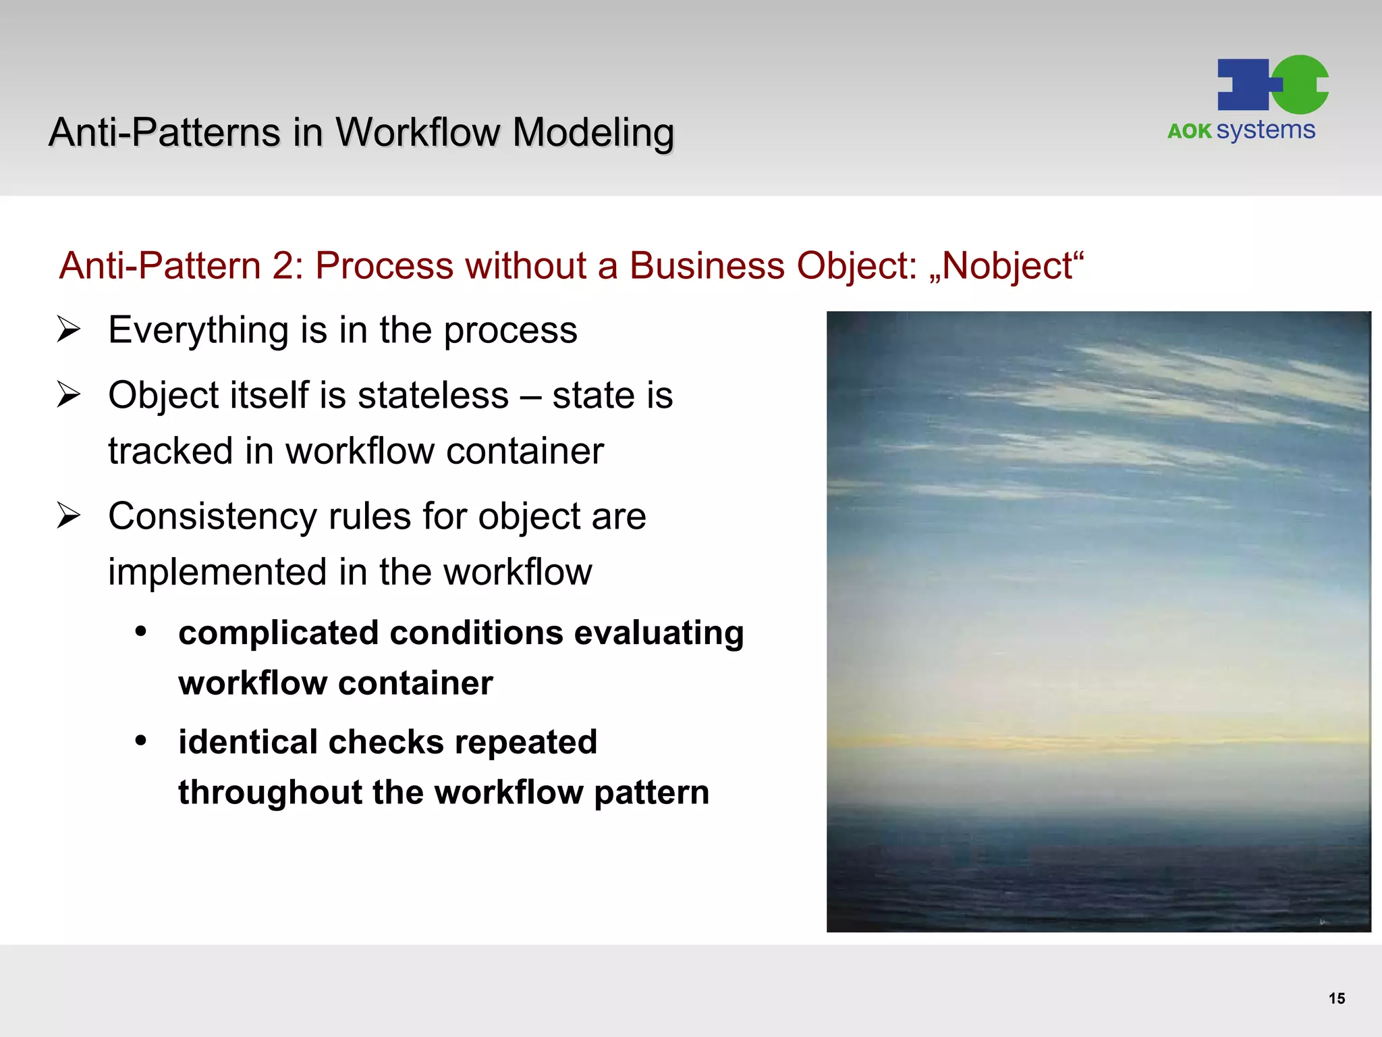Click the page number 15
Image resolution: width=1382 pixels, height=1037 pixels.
[x=1336, y=999]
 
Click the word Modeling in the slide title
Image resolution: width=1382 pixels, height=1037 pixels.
[x=592, y=132]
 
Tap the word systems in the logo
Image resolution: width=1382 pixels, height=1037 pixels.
[x=1265, y=130]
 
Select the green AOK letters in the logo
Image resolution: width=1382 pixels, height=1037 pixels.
[x=1189, y=131]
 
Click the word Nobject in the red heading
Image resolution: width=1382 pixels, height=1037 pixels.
[x=1007, y=265]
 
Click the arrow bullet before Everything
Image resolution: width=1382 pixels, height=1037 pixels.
[x=69, y=329]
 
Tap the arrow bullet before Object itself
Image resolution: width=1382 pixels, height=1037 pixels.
[x=69, y=395]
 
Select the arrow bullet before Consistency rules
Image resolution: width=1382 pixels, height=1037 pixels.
[x=69, y=516]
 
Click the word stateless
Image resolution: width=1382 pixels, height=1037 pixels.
[x=433, y=395]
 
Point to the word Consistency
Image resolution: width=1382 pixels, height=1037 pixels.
[x=212, y=516]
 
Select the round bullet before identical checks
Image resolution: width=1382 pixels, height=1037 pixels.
[x=140, y=741]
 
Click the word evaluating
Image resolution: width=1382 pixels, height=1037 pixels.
[x=659, y=633]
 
